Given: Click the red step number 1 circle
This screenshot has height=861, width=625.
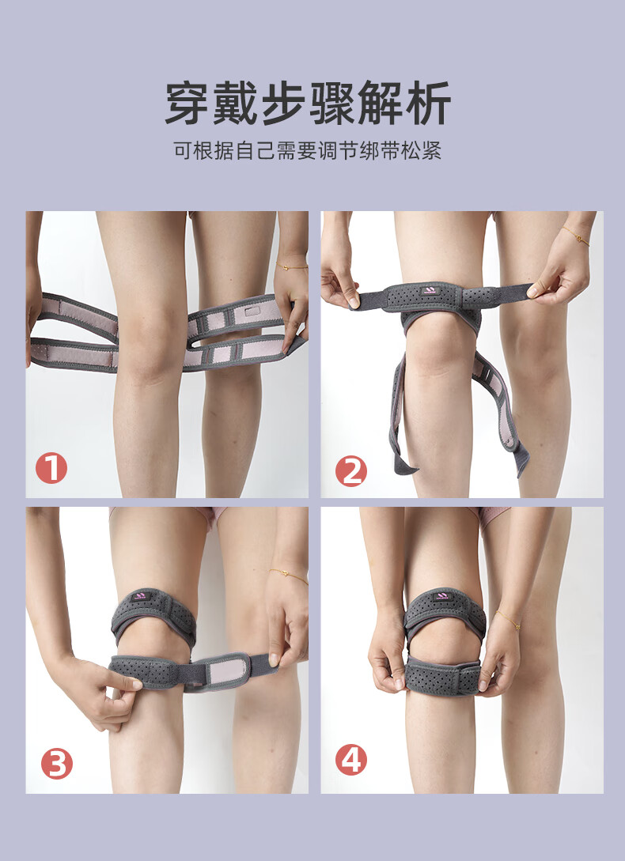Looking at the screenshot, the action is tap(51, 468).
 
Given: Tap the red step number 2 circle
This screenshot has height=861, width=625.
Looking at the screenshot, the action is tap(351, 471).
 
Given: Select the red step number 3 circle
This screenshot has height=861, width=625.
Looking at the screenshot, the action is tap(57, 763).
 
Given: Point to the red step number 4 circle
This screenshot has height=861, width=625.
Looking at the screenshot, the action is tap(351, 760).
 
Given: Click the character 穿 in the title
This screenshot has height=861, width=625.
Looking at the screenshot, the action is tap(188, 104).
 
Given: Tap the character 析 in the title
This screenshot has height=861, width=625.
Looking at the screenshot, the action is tap(429, 104).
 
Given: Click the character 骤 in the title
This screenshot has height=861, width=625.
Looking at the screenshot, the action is tap(332, 104).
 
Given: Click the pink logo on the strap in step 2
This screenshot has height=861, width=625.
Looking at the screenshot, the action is tap(430, 290).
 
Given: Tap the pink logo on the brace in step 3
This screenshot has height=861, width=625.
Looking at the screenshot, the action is tap(139, 596).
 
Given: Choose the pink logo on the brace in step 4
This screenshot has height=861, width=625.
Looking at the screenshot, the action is tap(441, 596).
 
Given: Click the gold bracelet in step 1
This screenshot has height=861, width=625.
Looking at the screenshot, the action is tap(293, 267).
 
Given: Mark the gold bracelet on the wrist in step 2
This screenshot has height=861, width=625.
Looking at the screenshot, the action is tap(575, 236).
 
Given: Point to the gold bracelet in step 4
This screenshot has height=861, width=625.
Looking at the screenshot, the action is tap(508, 619).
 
